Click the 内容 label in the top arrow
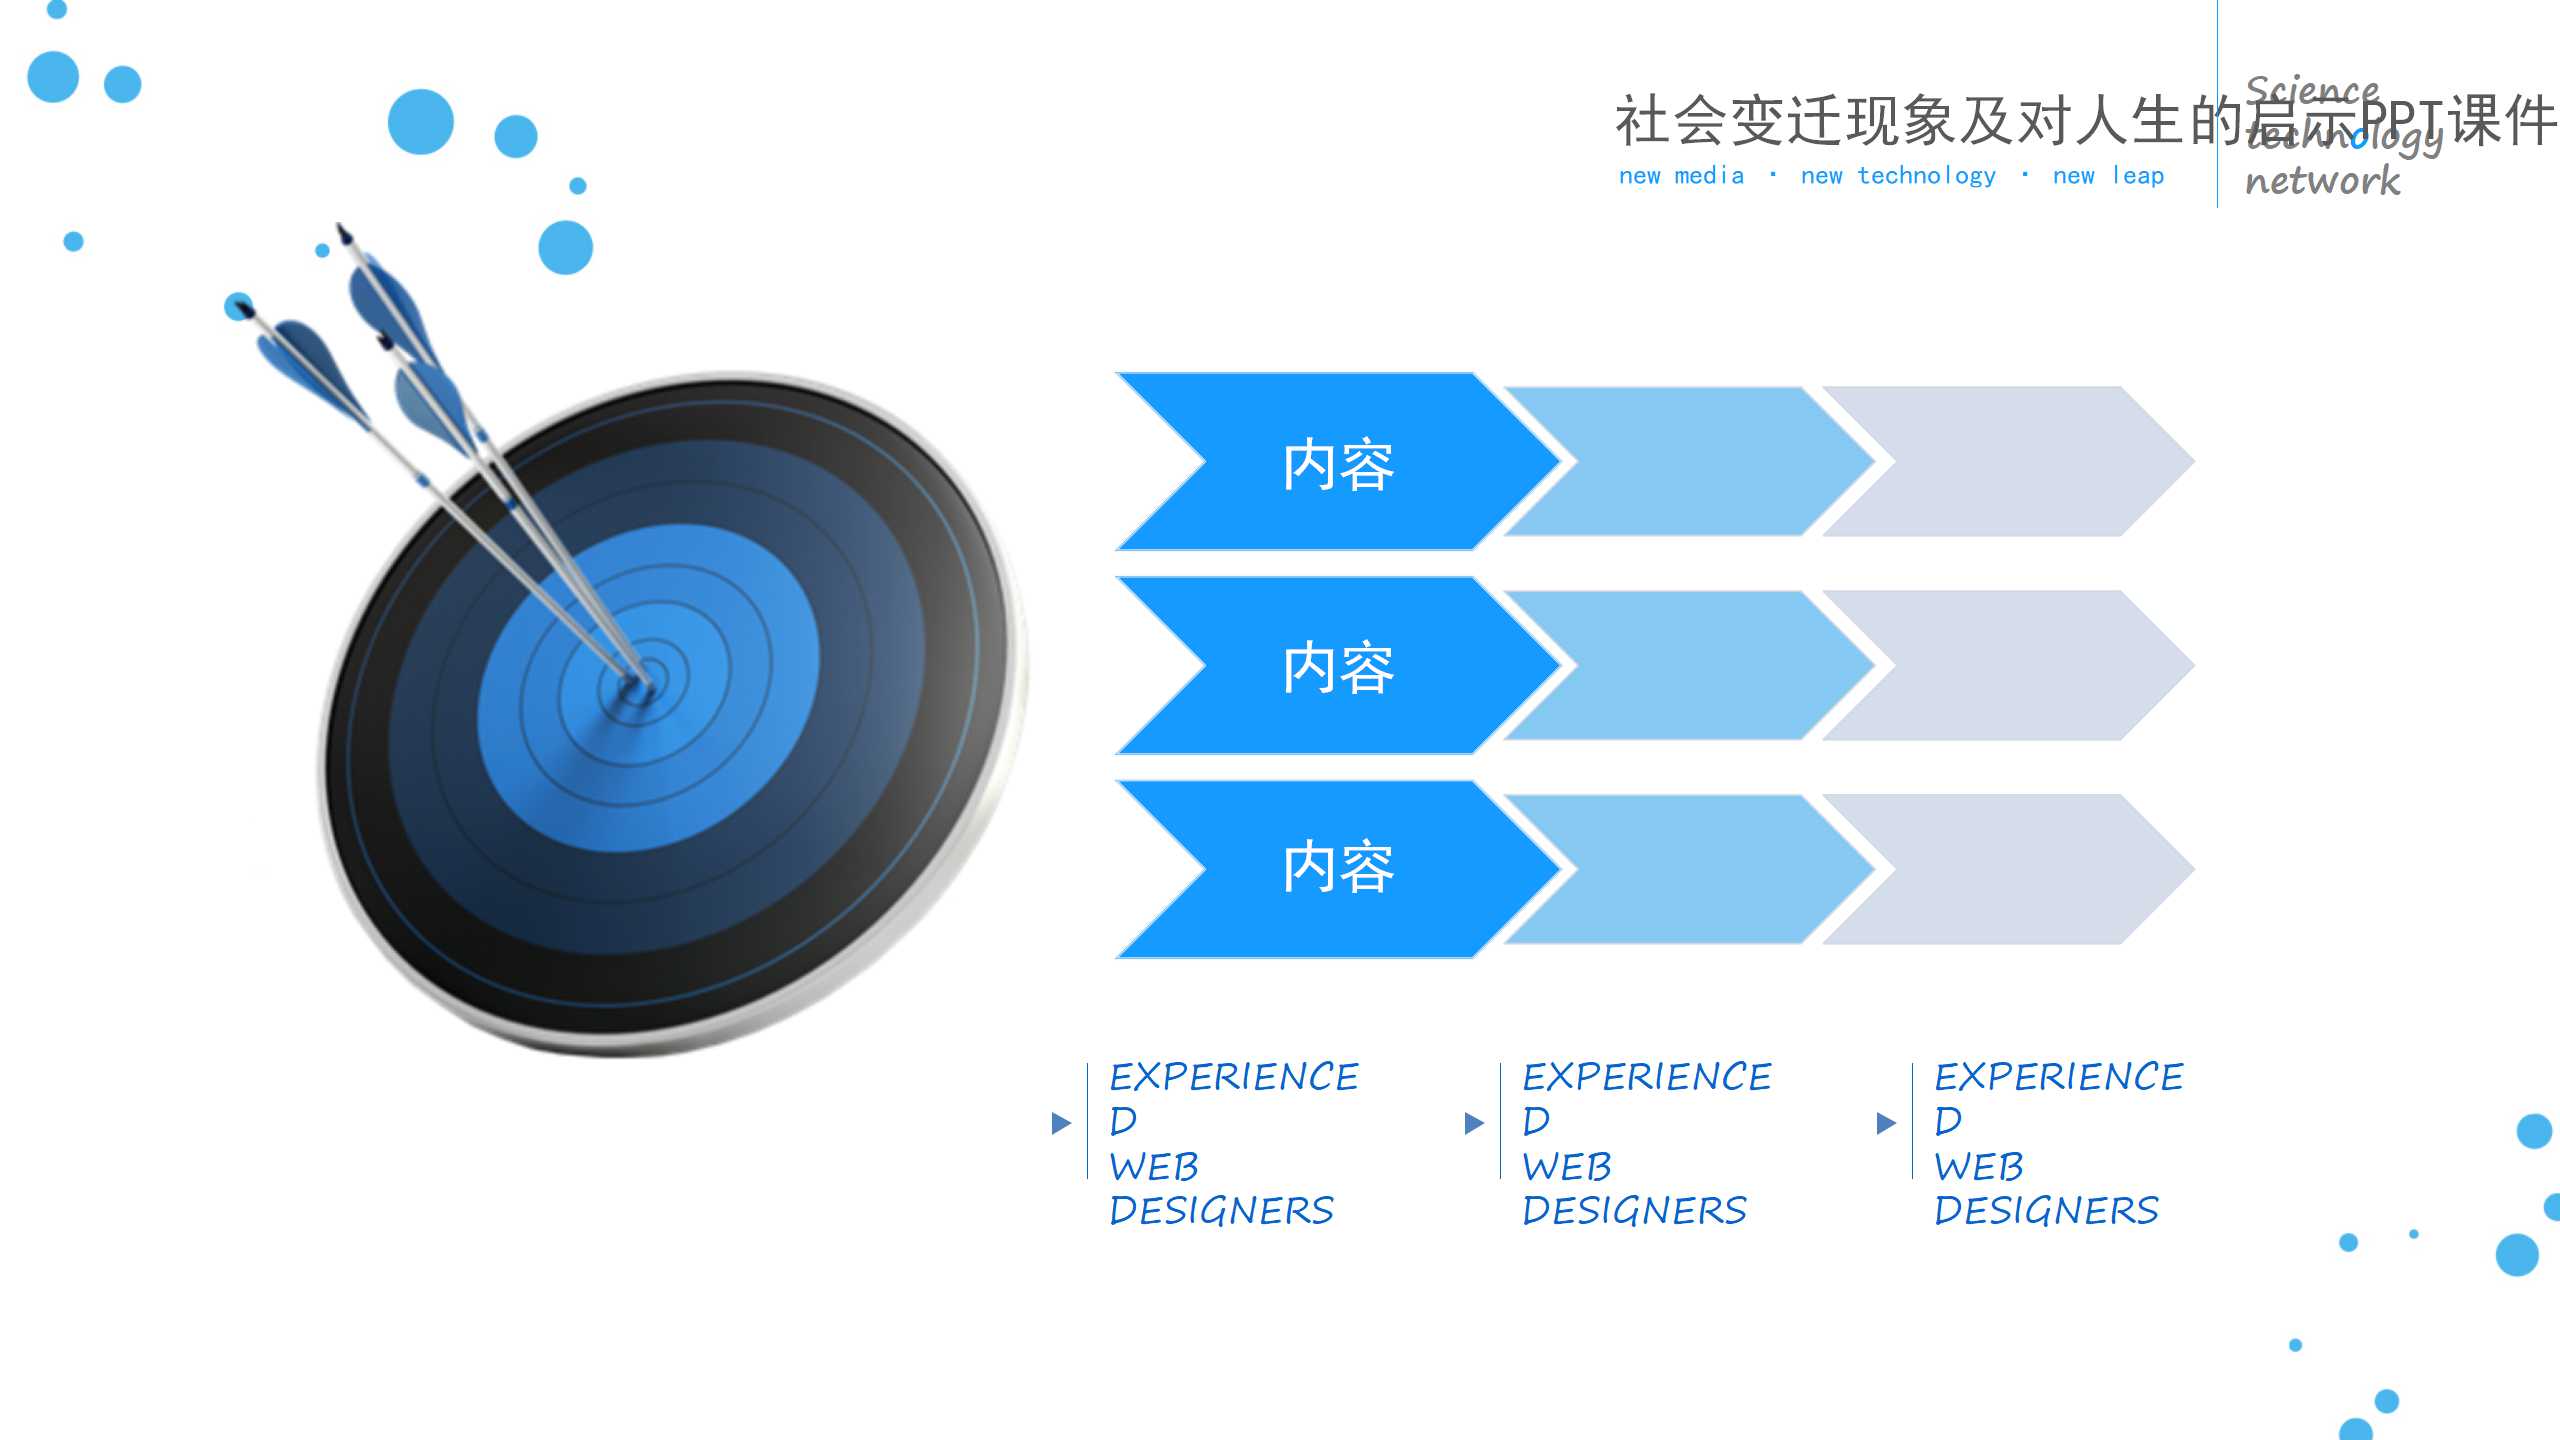pos(1338,465)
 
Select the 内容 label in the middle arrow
pos(1338,668)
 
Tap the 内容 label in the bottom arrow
pos(1338,867)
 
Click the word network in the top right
pos(2322,181)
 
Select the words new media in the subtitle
pos(1681,176)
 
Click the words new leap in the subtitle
pos(2108,176)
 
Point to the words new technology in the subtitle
pos(1897,176)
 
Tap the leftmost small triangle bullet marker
pos(1061,1123)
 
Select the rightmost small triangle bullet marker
pos(1886,1123)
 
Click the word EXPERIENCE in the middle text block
pos(1646,1077)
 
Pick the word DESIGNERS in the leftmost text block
pos(1221,1211)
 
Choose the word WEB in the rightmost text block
pos(1978,1167)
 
